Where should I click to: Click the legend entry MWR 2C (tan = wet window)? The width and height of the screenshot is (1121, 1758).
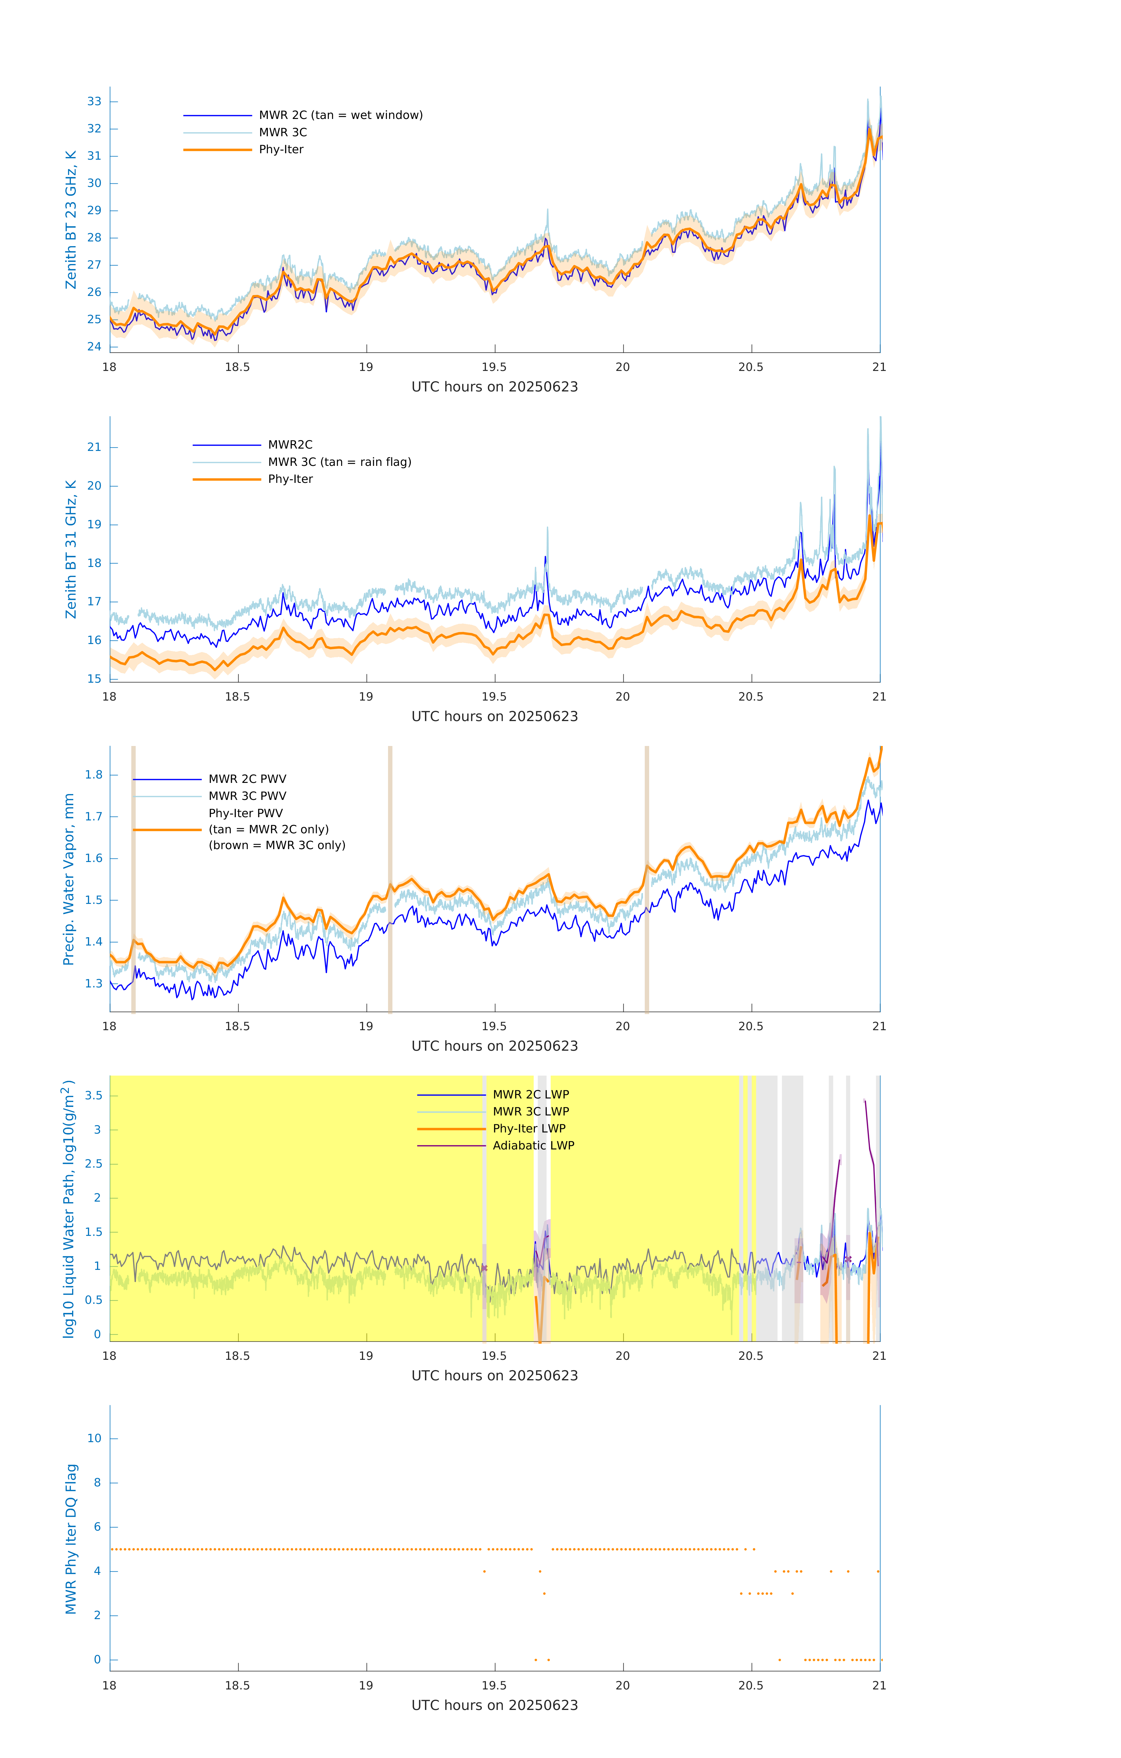(x=340, y=115)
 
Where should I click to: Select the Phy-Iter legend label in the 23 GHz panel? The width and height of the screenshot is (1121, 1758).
(x=281, y=150)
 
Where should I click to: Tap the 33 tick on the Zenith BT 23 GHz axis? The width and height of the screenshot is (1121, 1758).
(x=94, y=101)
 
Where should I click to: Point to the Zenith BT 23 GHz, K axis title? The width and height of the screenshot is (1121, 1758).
(x=71, y=220)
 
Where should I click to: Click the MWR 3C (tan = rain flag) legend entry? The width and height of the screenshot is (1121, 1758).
(x=340, y=462)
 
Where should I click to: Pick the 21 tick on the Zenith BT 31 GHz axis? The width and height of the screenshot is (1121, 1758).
(x=94, y=447)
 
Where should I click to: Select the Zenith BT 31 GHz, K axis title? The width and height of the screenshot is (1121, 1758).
(x=71, y=549)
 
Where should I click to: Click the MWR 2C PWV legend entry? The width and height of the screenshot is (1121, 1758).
(x=248, y=779)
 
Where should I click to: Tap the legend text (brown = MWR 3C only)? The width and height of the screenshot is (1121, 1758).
(x=277, y=845)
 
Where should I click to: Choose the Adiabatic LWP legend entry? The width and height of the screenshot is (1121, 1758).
(x=533, y=1145)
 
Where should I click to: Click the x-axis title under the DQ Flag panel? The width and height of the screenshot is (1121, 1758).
(x=494, y=1706)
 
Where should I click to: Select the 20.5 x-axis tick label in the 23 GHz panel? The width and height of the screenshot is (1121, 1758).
(x=751, y=367)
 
